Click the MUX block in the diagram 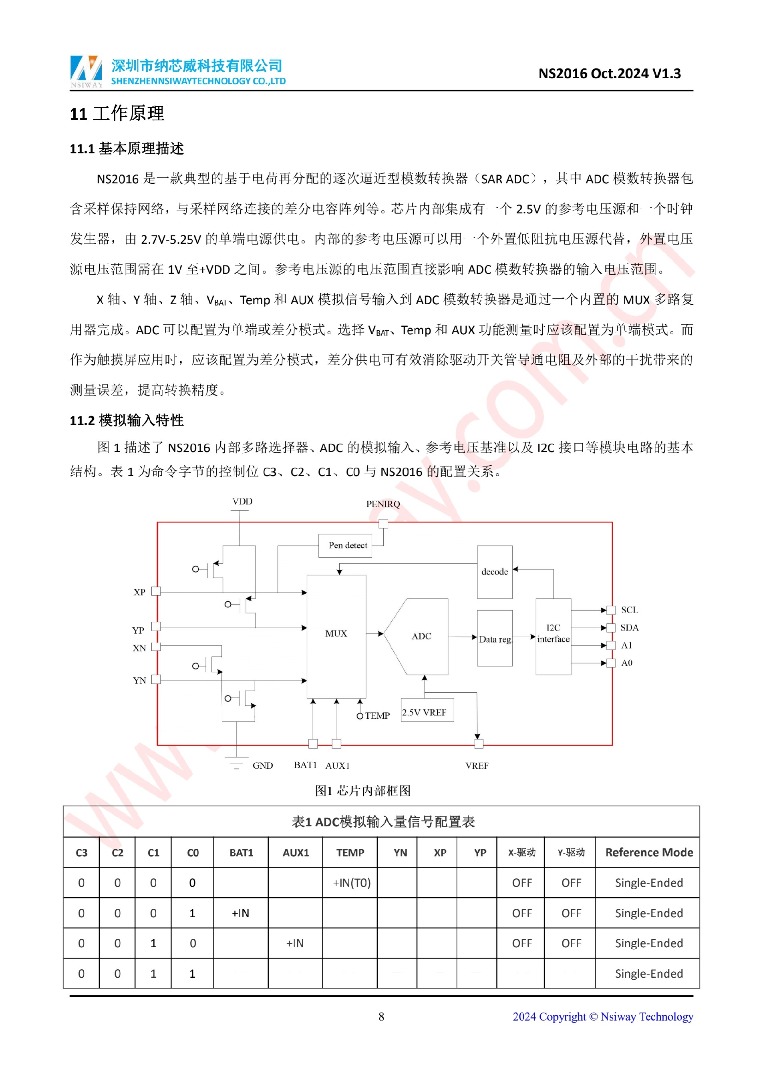coord(336,635)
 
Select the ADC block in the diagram coord(421,636)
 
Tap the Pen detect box coord(348,545)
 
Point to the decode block coord(494,572)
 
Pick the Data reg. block coord(495,639)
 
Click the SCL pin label coord(629,610)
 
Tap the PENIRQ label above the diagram coord(382,504)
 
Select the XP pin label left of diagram coord(139,592)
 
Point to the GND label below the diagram coord(262,766)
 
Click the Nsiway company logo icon coord(86,71)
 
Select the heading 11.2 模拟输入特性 coord(127,420)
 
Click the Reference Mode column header coord(649,853)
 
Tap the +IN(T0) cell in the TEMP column coord(351,883)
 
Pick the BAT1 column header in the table coord(241,853)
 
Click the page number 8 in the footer coord(381,1017)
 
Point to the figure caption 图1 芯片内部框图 coord(363,791)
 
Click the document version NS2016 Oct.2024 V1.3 coord(610,74)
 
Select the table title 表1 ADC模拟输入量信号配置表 coord(382,822)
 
